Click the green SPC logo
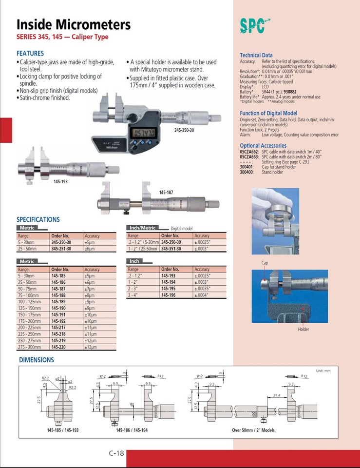tap(254, 25)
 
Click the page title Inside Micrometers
tap(74, 24)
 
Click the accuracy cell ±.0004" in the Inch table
tap(202, 295)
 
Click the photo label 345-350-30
tap(184, 130)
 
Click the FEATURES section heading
tap(30, 53)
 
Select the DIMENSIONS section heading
tap(37, 360)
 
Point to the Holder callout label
tap(303, 330)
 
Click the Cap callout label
tap(265, 263)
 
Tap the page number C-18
tap(117, 453)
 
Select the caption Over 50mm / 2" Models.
tap(254, 430)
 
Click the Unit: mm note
tap(323, 371)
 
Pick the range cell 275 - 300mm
tap(30, 347)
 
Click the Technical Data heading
tap(256, 55)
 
